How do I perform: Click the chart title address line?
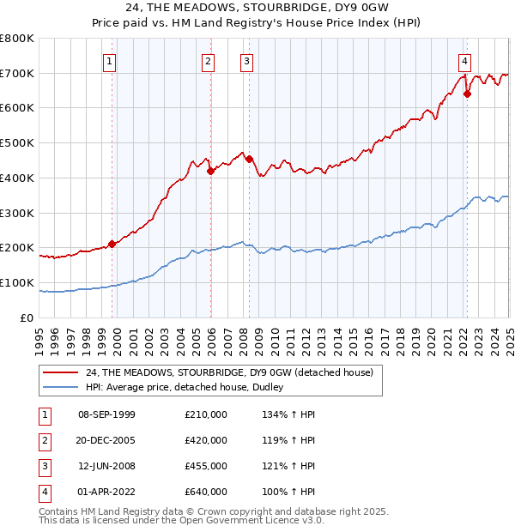(257, 9)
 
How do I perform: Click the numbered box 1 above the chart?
(112, 61)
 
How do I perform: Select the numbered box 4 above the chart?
(464, 61)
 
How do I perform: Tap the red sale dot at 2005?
(210, 171)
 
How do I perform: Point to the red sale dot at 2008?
(249, 159)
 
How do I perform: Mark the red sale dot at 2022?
(467, 94)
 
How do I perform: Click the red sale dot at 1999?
(112, 244)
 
